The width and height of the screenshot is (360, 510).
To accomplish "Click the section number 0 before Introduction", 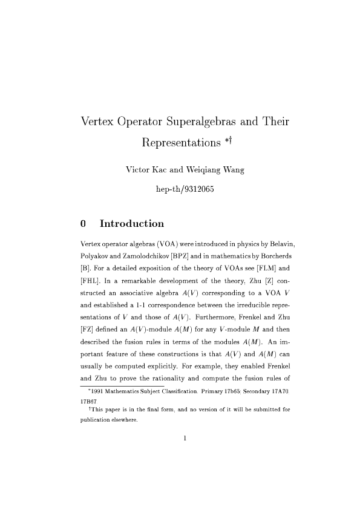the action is point(83,224).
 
